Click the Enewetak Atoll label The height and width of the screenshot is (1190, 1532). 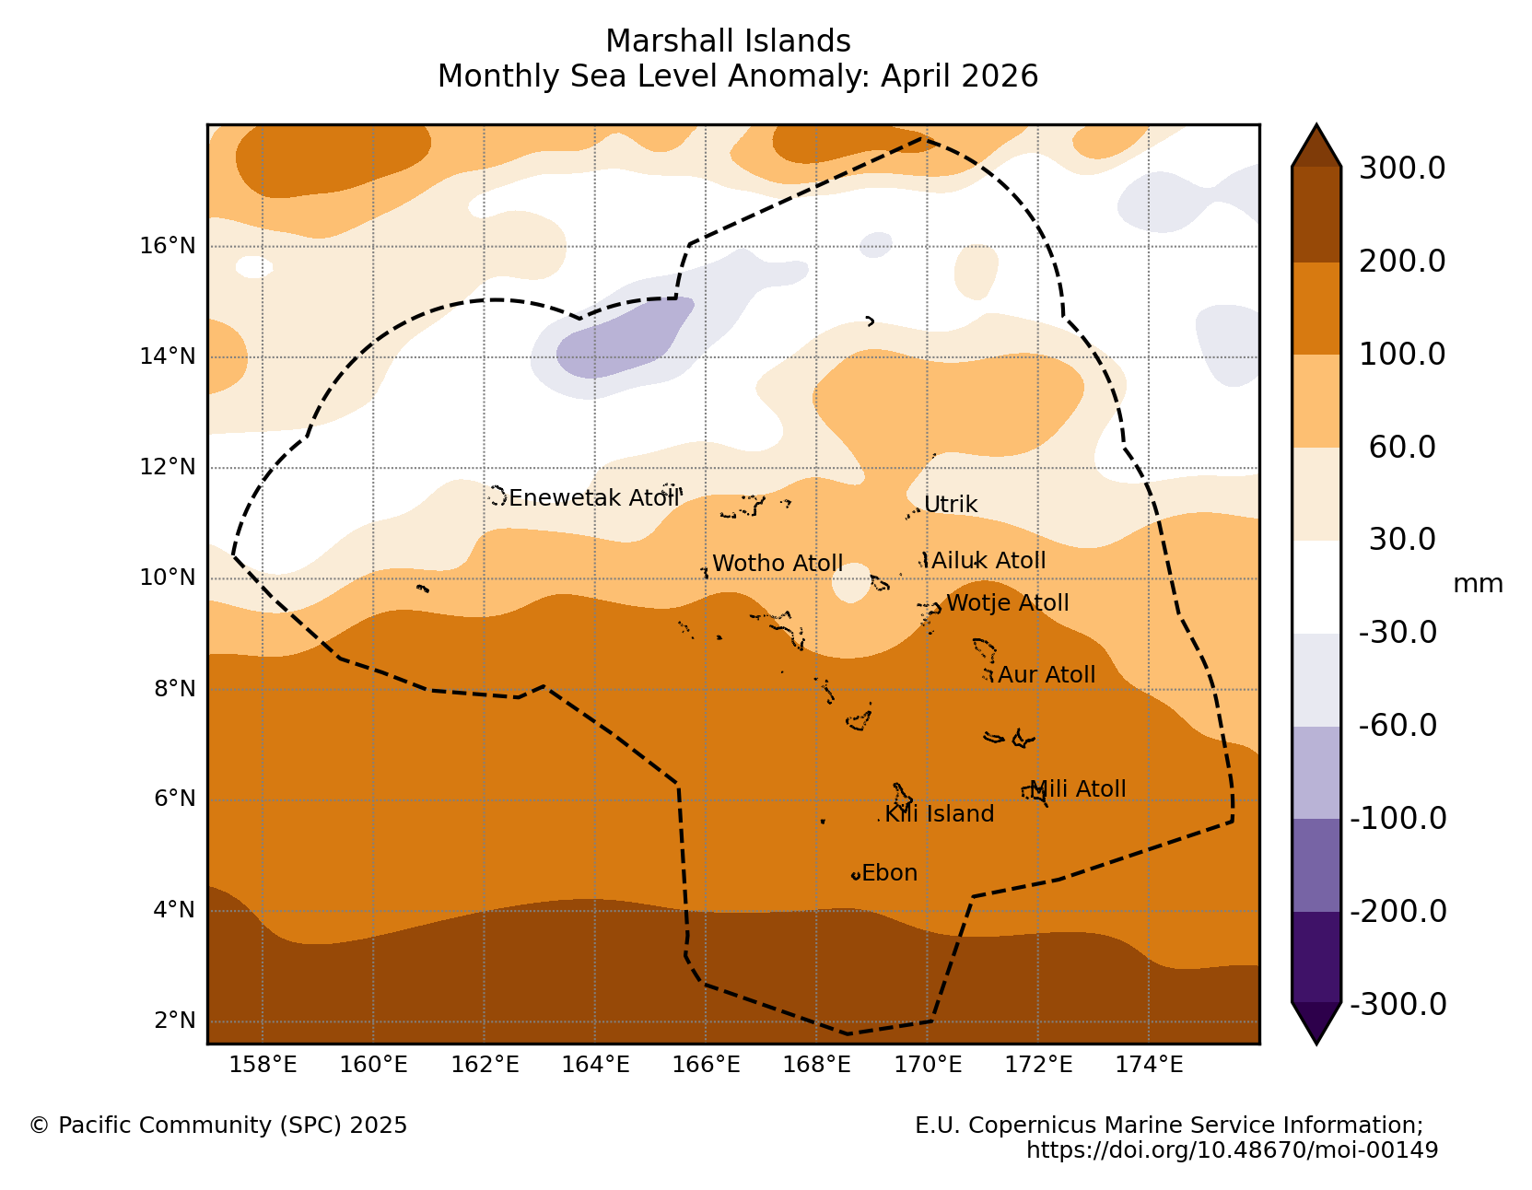pyautogui.click(x=593, y=497)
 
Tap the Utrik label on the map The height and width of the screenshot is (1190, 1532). pyautogui.click(x=951, y=505)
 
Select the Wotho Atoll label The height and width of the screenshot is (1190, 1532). pyautogui.click(x=777, y=563)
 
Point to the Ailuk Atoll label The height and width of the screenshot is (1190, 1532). pyautogui.click(x=988, y=560)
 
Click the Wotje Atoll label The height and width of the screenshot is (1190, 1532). pyautogui.click(x=1007, y=602)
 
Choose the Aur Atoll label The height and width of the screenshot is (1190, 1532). pyautogui.click(x=1047, y=674)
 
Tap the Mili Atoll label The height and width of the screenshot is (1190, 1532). pyautogui.click(x=1077, y=788)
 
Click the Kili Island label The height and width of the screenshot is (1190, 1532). pyautogui.click(x=939, y=814)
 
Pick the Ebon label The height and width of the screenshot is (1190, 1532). pyautogui.click(x=889, y=872)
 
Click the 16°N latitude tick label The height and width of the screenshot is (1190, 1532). pyautogui.click(x=167, y=246)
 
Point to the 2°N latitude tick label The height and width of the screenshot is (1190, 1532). pyautogui.click(x=175, y=1020)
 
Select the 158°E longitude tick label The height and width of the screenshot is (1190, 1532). pyautogui.click(x=263, y=1064)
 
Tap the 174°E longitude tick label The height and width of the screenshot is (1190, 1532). pyautogui.click(x=1149, y=1064)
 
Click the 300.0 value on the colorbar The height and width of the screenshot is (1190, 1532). pyautogui.click(x=1402, y=169)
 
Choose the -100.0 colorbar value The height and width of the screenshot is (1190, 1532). pyautogui.click(x=1398, y=818)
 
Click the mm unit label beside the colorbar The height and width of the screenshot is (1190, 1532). pyautogui.click(x=1478, y=584)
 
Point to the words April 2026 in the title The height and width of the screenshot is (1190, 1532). pyautogui.click(x=959, y=76)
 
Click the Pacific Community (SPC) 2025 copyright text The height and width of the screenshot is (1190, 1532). pyautogui.click(x=218, y=1126)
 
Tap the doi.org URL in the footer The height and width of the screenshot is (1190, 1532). pyautogui.click(x=1232, y=1149)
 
